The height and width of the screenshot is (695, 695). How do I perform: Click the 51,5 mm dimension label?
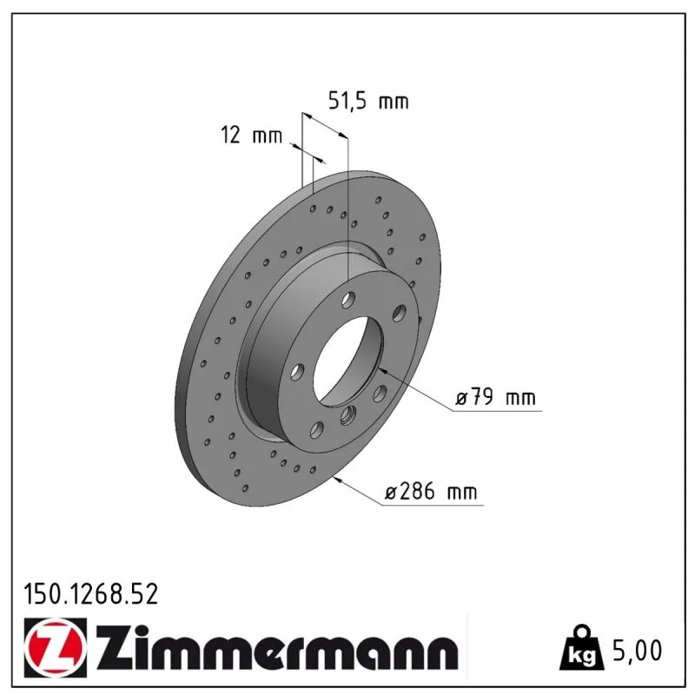click(367, 102)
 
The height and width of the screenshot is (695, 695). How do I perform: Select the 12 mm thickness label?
click(251, 135)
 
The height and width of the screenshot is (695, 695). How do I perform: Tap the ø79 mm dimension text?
click(495, 396)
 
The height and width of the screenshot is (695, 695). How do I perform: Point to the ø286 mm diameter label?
click(431, 491)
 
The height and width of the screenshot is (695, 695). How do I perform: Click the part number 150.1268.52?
click(91, 594)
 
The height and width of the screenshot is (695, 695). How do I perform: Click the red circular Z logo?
click(53, 647)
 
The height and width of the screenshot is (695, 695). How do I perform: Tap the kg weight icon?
click(581, 648)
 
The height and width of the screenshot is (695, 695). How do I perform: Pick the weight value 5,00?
click(637, 650)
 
